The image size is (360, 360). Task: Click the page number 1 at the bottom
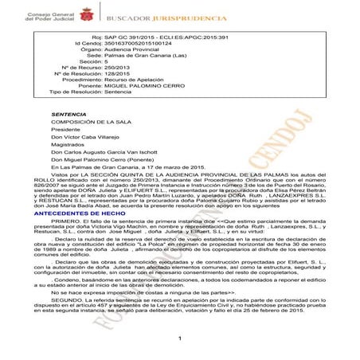[181, 338]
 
